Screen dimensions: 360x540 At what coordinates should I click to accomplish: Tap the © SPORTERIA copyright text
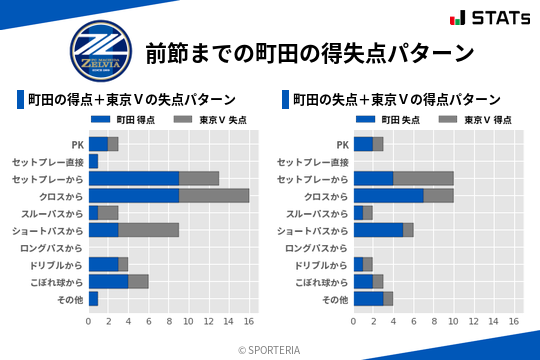click(x=270, y=349)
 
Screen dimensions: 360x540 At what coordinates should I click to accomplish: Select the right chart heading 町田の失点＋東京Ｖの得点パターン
click(x=396, y=100)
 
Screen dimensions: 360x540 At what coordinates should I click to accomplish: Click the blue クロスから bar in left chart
click(x=134, y=195)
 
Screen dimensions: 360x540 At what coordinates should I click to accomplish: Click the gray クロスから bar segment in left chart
click(x=214, y=195)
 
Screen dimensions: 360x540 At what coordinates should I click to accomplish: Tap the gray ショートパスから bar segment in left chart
click(x=149, y=230)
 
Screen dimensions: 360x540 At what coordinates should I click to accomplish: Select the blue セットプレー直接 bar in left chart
click(x=93, y=161)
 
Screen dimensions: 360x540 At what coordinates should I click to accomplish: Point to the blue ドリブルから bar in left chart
click(x=103, y=264)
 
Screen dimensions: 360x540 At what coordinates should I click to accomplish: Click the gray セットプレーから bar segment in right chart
click(x=424, y=178)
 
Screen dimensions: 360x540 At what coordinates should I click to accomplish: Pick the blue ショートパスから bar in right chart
click(x=379, y=230)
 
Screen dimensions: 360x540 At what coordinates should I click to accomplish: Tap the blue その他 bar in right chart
click(x=369, y=299)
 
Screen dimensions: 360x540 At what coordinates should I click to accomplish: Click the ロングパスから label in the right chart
click(x=317, y=247)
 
